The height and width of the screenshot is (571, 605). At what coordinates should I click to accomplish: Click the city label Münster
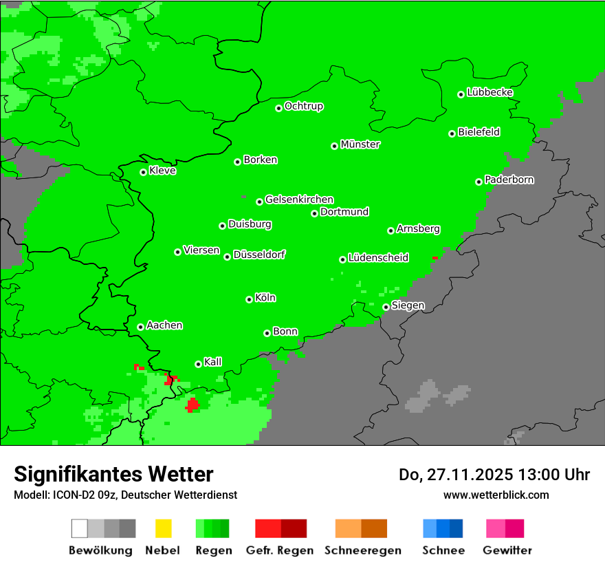coord(360,144)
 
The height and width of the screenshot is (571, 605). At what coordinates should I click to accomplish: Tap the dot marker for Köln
coord(249,299)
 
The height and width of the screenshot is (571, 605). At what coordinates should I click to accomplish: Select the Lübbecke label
coord(489,92)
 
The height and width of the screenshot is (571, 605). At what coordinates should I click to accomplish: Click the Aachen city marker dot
coord(140,327)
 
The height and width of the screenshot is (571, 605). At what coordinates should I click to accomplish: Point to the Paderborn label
coord(509,180)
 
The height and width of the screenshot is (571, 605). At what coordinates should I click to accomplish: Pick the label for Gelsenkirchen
coord(299,200)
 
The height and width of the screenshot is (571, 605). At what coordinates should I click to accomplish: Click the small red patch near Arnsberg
coord(434,258)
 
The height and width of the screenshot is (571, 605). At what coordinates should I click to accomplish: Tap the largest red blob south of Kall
coord(192,405)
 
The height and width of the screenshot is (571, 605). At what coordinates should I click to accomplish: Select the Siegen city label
coord(408,305)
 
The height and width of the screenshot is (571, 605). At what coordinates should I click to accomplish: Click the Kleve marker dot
coord(143,172)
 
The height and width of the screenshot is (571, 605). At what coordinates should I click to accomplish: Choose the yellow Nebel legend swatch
coord(163,528)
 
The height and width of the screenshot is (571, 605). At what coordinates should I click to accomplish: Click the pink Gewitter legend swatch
coord(496,528)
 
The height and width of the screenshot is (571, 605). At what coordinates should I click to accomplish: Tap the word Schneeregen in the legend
coord(361,550)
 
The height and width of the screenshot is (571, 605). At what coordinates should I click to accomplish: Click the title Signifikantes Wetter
coord(113,474)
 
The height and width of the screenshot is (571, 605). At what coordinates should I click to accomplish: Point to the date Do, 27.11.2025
coord(453,475)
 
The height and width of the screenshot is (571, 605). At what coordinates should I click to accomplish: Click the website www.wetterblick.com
coord(496,495)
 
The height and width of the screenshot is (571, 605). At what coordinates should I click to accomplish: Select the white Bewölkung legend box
coord(80,528)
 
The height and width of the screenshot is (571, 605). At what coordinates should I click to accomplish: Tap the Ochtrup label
coord(303,106)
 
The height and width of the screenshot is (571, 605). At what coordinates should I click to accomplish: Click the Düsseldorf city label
coord(258,255)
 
